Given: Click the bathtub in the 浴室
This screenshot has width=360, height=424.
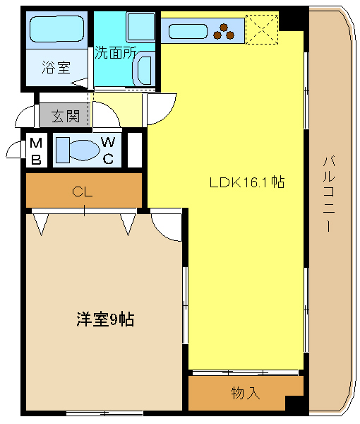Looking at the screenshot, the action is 56,29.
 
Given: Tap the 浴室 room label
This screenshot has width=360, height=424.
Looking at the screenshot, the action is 56,67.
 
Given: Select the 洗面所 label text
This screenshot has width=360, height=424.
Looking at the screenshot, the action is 115,52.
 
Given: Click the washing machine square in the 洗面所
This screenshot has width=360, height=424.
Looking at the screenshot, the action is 140,27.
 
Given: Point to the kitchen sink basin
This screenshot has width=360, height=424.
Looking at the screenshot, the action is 188,31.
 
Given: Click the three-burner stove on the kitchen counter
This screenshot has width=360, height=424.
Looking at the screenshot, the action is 224,32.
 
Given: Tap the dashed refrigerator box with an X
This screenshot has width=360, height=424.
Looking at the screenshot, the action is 262,30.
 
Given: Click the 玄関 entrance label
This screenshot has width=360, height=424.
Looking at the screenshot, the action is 66,117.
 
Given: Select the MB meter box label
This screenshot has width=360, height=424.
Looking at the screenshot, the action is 36,151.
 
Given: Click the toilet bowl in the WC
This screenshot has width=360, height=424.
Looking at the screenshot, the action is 85,150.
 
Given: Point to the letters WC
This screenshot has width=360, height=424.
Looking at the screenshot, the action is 108,151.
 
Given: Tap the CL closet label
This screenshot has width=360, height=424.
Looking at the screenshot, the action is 82,192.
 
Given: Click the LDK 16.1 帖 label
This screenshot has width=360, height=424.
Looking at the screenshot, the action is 247,182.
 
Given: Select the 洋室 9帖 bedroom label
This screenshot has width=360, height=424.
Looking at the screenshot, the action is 105,319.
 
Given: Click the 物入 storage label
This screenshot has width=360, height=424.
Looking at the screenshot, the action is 246,393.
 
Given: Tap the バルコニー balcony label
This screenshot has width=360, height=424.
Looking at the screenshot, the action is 329,194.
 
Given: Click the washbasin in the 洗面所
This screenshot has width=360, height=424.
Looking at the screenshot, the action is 143,70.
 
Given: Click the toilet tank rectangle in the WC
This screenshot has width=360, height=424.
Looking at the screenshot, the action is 63,150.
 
